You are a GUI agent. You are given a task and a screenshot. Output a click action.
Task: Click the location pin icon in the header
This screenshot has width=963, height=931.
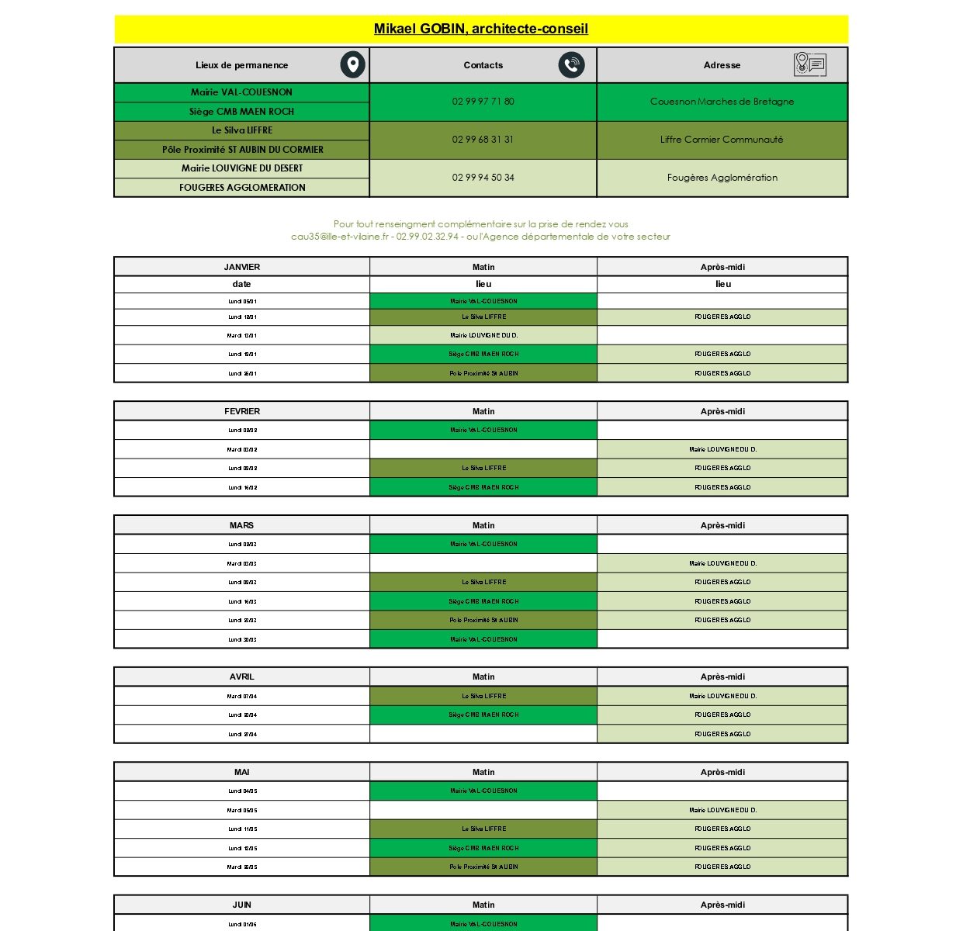tap(352, 65)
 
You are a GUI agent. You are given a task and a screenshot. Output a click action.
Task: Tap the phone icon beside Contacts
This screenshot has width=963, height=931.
tap(571, 65)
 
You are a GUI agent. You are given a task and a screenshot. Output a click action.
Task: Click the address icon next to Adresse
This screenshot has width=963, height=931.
tap(809, 65)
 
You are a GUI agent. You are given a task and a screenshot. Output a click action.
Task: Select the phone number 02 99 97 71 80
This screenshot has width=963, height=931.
tap(483, 102)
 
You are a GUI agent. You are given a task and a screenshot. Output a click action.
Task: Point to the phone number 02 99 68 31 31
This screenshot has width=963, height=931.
tap(483, 140)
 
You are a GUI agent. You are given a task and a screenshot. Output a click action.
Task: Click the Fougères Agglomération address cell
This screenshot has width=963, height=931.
tap(722, 178)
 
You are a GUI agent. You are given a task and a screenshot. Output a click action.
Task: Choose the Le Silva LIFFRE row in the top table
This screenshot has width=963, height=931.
tap(242, 130)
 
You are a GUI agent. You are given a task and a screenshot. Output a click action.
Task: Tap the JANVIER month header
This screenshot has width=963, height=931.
tap(242, 267)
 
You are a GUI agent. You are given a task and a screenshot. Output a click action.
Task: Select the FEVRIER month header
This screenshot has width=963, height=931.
tap(242, 411)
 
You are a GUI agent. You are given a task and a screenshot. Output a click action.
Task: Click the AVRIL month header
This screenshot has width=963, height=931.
tap(242, 677)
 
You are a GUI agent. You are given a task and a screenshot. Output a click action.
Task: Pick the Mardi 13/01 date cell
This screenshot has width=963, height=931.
tap(242, 336)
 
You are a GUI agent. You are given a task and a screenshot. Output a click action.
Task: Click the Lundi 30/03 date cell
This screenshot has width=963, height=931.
tap(242, 639)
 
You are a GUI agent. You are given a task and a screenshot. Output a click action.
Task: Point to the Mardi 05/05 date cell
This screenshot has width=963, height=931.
tap(242, 810)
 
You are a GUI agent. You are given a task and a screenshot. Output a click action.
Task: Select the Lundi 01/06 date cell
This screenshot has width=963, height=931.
tap(242, 924)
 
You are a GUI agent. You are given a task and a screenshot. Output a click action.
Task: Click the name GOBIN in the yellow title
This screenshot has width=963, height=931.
tap(443, 29)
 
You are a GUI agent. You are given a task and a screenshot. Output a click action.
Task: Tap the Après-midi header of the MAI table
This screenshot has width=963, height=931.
tap(722, 772)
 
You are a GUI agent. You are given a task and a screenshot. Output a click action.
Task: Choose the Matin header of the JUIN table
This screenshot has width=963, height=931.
tap(483, 905)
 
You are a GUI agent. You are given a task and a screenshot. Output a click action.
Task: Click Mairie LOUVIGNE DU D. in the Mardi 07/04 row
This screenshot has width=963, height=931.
tap(722, 696)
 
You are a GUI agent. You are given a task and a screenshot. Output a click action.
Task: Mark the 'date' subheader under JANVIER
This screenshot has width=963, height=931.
tap(242, 284)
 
